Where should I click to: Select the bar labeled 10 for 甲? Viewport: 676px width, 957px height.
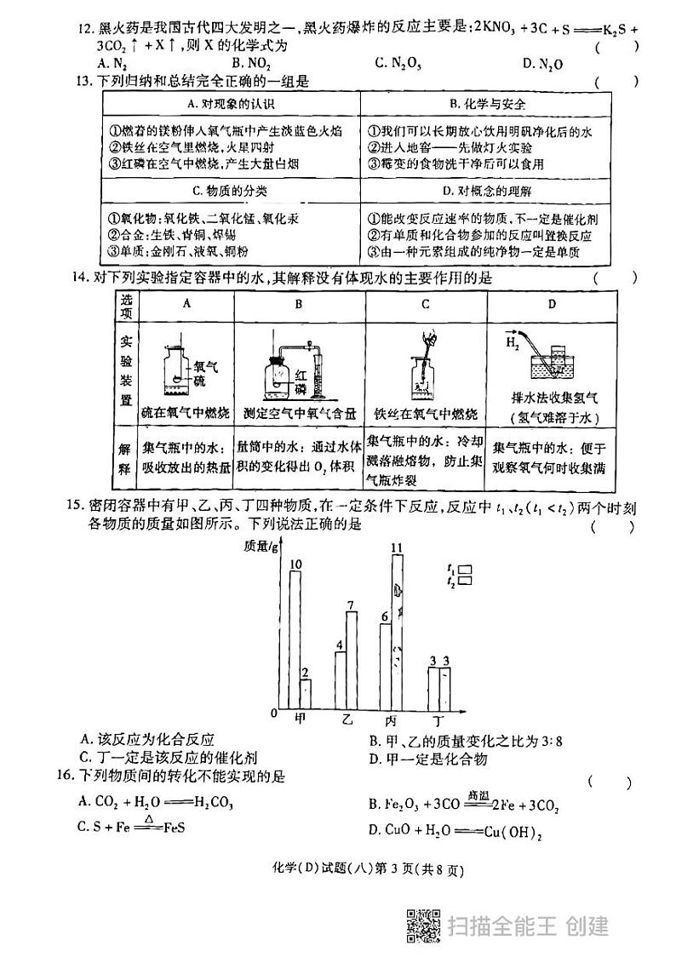(x=295, y=639)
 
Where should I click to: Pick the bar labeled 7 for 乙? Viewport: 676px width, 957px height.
(x=351, y=660)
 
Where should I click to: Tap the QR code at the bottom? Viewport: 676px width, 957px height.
(x=421, y=925)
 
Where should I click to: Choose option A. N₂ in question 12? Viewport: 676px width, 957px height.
(x=112, y=63)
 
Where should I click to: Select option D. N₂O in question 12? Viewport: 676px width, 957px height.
(x=542, y=64)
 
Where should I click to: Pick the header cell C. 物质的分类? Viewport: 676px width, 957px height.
(x=230, y=190)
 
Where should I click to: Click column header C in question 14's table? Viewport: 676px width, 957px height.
(x=424, y=303)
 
